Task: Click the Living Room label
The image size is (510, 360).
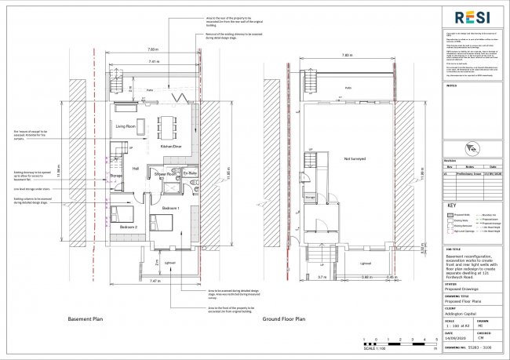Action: [x=127, y=125]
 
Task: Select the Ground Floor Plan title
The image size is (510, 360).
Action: [x=282, y=320]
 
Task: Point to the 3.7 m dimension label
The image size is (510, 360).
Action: [x=301, y=277]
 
